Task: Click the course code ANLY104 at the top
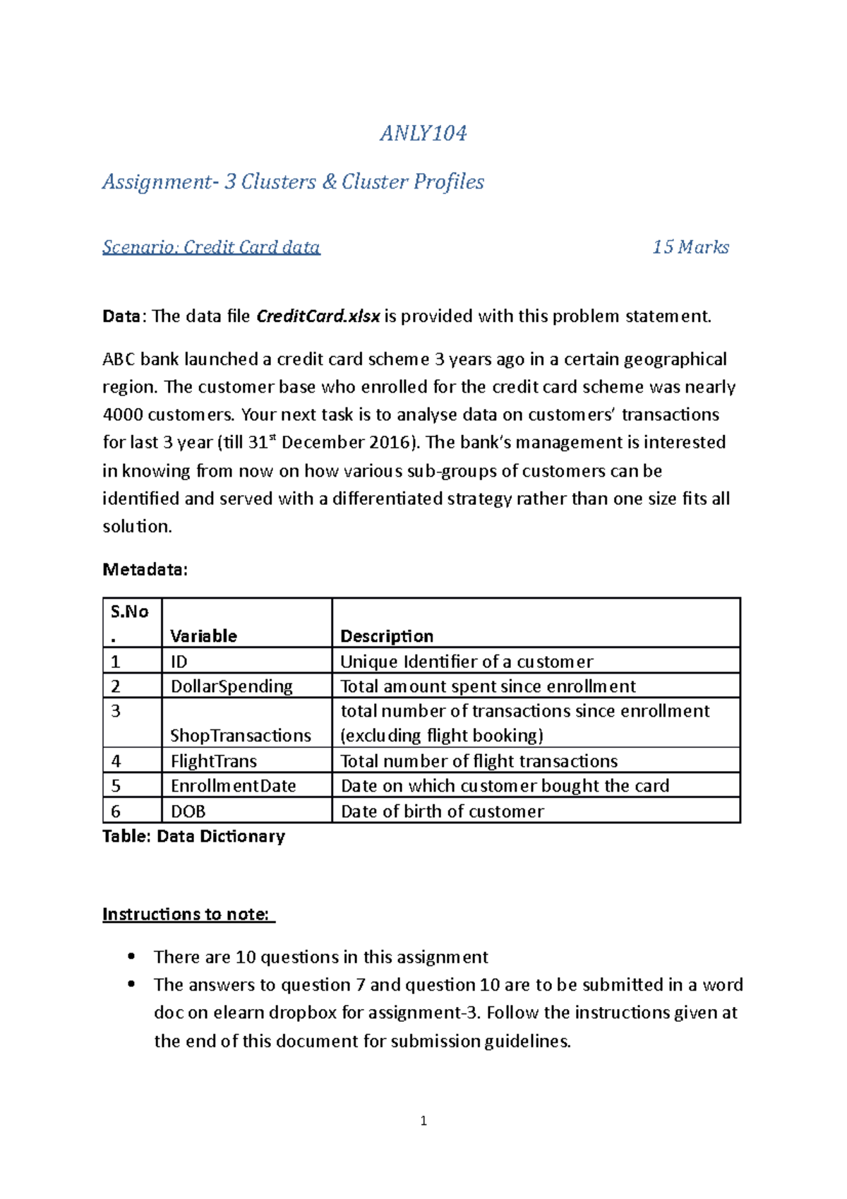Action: tap(423, 133)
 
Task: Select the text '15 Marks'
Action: tap(690, 247)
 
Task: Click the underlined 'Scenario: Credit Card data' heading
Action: tap(211, 247)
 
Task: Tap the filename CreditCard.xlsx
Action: tap(318, 316)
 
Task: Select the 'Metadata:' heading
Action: tap(145, 570)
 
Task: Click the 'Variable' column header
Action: tap(203, 636)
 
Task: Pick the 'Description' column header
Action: tap(387, 636)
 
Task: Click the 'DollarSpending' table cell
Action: tap(232, 686)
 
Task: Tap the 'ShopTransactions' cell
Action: tap(241, 736)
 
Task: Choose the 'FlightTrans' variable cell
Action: tap(214, 761)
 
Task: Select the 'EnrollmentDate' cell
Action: tap(233, 786)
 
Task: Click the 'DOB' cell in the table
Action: tap(188, 811)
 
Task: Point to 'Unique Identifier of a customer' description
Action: tap(467, 662)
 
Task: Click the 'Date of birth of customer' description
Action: tap(442, 811)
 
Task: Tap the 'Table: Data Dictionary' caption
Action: tap(193, 837)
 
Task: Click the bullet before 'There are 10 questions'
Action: tap(131, 957)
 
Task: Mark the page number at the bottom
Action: tap(423, 1121)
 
